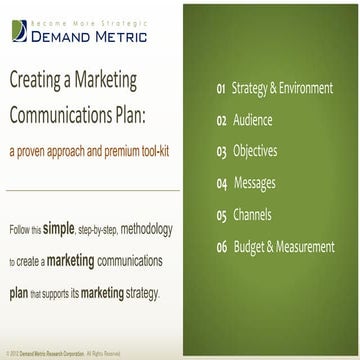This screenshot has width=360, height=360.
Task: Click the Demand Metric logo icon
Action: [16, 31]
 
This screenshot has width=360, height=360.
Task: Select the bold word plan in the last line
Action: [20, 267]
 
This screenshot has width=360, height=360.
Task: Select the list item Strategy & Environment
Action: [282, 90]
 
